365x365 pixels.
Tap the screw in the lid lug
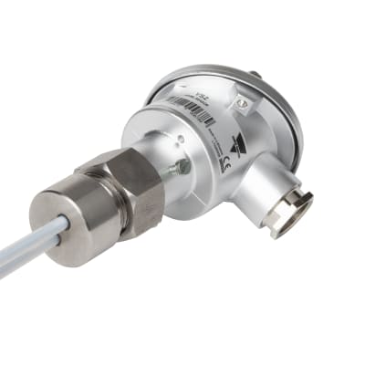(x=242, y=105)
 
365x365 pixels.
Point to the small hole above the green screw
(x=181, y=139)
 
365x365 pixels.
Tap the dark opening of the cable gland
(x=293, y=216)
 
